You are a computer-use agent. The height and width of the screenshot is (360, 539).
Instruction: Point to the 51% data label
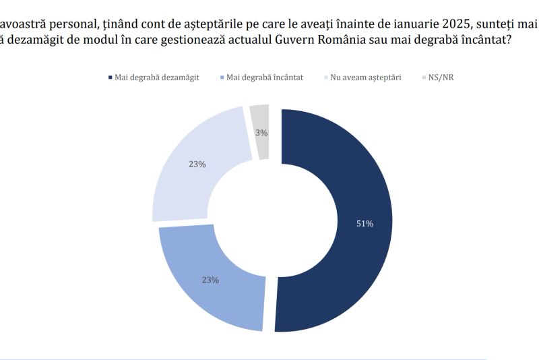click(364, 224)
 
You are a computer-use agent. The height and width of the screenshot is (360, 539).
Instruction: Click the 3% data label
click(261, 133)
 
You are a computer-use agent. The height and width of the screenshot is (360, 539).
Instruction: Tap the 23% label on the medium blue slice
click(210, 280)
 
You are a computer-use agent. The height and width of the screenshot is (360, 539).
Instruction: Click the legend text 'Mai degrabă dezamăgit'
click(157, 78)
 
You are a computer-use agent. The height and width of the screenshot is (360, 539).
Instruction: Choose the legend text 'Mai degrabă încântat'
click(265, 78)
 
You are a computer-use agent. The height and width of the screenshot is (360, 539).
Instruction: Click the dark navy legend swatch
click(110, 78)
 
